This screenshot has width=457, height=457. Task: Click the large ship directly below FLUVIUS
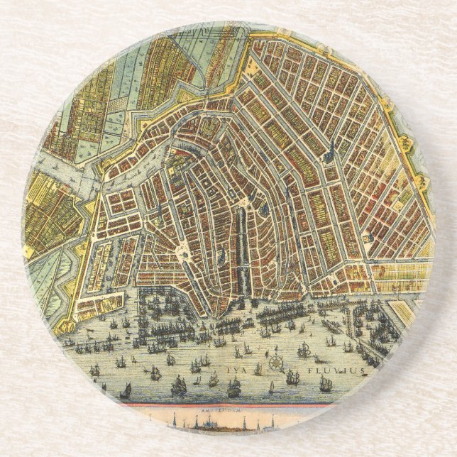point(326,384)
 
